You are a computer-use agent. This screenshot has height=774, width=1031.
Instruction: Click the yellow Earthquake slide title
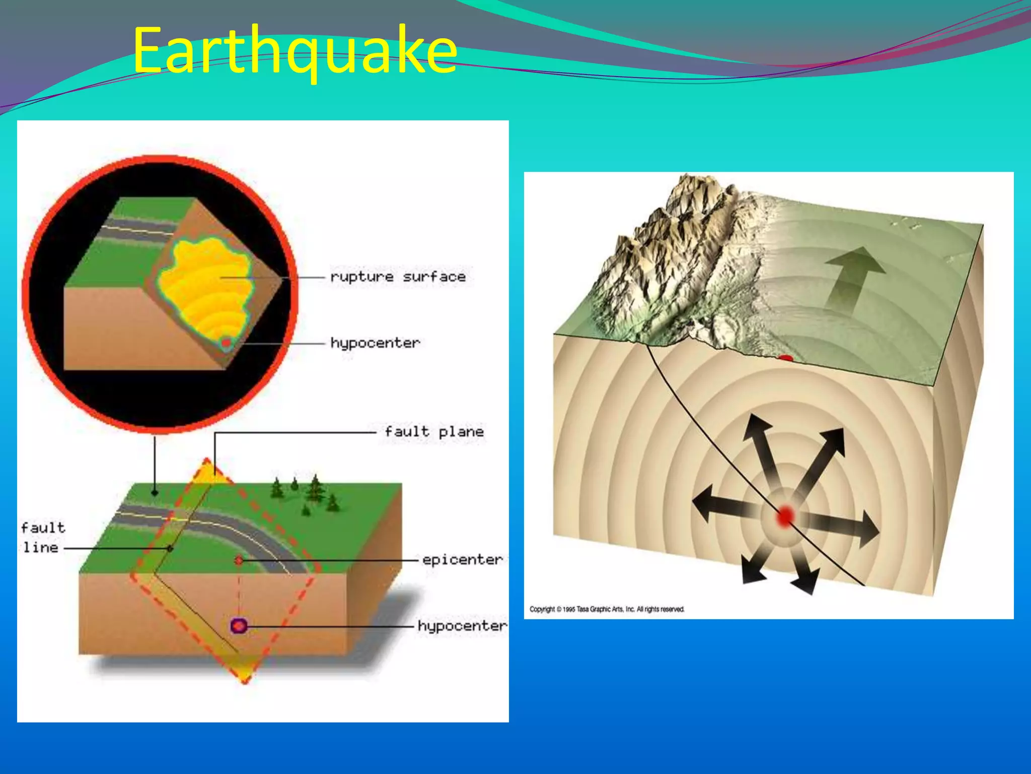294,50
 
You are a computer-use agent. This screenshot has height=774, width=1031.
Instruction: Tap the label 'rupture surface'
398,277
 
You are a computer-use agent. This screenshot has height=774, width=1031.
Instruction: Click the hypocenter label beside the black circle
375,343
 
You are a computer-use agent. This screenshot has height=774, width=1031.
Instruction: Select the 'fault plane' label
434,432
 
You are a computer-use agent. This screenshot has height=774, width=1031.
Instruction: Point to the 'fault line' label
42,537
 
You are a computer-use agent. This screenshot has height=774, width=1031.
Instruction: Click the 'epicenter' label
462,559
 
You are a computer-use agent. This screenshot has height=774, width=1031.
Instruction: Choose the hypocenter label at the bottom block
462,626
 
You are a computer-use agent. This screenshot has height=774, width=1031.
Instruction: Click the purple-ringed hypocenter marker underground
239,626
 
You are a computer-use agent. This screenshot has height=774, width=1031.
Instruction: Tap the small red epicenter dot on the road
239,560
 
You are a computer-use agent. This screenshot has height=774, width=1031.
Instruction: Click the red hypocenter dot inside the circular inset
227,343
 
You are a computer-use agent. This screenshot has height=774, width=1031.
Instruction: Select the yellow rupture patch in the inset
206,287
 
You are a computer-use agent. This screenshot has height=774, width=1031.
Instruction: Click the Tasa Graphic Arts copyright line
607,609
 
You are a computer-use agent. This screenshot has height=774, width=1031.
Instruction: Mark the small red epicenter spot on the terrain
785,358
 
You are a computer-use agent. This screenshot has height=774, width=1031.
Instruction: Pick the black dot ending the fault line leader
170,548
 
